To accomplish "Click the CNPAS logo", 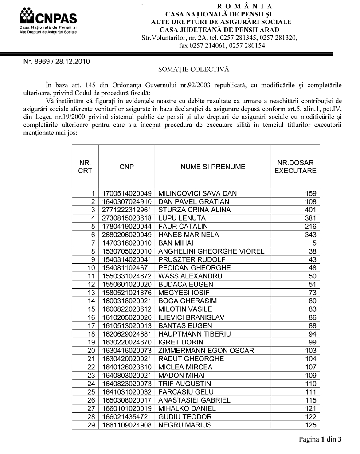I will coord(48,20).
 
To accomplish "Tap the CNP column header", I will coord(126,167).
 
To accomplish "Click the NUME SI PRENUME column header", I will coord(213,167).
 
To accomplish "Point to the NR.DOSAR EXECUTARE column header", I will coord(295,167).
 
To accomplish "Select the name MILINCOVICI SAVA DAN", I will coord(197,193).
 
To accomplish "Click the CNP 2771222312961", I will coord(127,210).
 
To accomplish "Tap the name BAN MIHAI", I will coord(176,243).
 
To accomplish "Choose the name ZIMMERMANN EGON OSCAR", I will coord(206,351).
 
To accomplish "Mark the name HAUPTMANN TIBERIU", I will coord(192,334).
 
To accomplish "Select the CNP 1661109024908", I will coord(127,425).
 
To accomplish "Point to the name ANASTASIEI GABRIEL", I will coord(194,400).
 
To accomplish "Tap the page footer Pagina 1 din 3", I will coord(321,440).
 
